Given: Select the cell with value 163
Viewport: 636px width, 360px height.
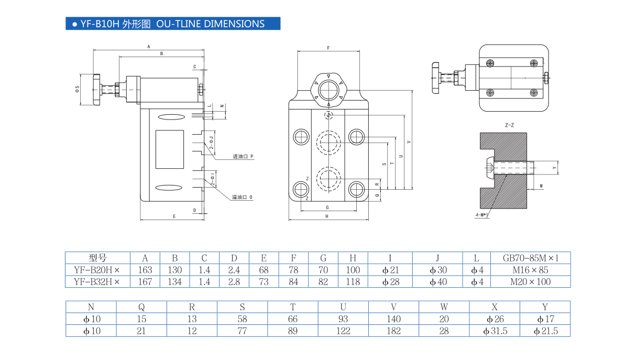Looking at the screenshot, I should click(x=145, y=270).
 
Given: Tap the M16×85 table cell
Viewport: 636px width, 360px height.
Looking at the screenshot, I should click(x=530, y=270).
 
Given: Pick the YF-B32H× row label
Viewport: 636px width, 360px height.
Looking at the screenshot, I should click(x=97, y=282).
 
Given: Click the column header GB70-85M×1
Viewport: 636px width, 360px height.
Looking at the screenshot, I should click(x=530, y=258).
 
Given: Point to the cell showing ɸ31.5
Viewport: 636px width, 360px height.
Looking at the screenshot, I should click(x=495, y=331).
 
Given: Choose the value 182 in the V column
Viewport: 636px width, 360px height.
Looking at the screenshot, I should click(x=393, y=331).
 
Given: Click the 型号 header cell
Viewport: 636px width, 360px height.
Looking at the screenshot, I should click(x=97, y=258).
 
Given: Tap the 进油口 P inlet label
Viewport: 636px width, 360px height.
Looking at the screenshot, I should click(x=243, y=157).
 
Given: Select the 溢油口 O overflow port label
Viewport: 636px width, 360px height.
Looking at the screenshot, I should click(x=243, y=198).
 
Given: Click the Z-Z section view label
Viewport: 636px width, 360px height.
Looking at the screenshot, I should click(x=509, y=126).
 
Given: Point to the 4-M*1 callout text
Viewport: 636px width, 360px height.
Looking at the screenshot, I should click(x=482, y=215).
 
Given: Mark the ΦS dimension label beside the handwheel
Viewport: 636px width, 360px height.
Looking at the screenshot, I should click(x=78, y=89).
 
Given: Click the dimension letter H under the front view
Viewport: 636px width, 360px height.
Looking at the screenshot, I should click(x=326, y=216).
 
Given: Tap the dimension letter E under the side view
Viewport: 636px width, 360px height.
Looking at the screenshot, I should click(x=174, y=216).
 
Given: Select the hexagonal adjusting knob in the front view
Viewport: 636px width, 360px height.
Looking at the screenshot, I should click(x=328, y=88).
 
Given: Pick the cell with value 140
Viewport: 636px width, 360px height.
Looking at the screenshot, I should click(x=393, y=319).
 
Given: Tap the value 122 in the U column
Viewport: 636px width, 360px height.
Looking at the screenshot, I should click(x=343, y=331).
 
